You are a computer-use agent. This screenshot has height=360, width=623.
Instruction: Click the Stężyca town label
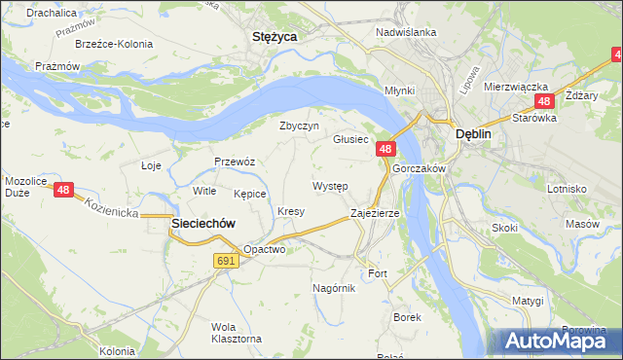(x=274, y=36)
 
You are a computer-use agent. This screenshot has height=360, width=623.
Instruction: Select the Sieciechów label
(x=203, y=223)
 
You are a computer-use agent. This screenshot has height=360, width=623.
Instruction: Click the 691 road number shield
(x=226, y=260)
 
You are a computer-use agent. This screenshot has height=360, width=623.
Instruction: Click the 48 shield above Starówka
(x=544, y=101)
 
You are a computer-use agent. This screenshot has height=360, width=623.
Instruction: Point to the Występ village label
(x=329, y=185)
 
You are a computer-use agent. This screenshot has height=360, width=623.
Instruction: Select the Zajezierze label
(x=375, y=212)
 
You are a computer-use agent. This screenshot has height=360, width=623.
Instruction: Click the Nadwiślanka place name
(x=406, y=32)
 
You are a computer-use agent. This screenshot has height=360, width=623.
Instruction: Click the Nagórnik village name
(x=334, y=287)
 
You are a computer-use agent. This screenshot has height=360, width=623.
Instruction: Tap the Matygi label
(x=527, y=301)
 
